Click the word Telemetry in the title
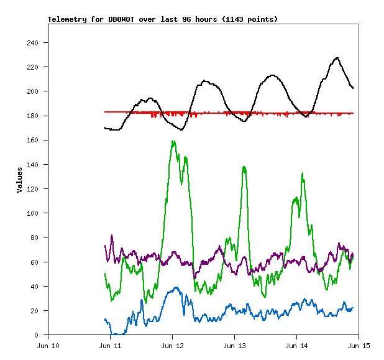pos(66,19)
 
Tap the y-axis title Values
pos(19,180)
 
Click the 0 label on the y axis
pos(37,335)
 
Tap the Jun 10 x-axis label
pos(48,345)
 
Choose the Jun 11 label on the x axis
pos(111,345)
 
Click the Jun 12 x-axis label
pos(173,345)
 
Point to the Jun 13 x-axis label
pos(235,345)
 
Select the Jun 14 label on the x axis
pos(297,345)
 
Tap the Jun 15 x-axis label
pos(359,345)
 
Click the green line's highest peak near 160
pos(173,141)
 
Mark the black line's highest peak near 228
pos(337,58)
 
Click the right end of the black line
pos(353,88)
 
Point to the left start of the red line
pos(105,112)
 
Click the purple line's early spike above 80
pos(112,236)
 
